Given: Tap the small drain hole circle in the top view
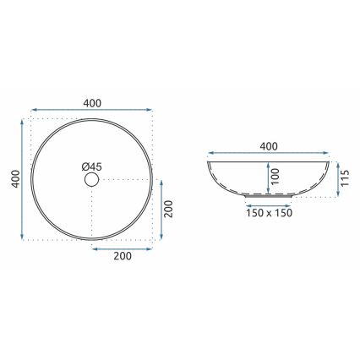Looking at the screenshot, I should tap(90, 180).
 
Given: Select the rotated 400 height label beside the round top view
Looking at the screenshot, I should tap(11, 180).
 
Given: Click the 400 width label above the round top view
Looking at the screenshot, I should tap(91, 102).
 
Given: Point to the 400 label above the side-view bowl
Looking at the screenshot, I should tap(269, 146).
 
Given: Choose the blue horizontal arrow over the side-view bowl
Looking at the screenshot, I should tap(269, 155).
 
